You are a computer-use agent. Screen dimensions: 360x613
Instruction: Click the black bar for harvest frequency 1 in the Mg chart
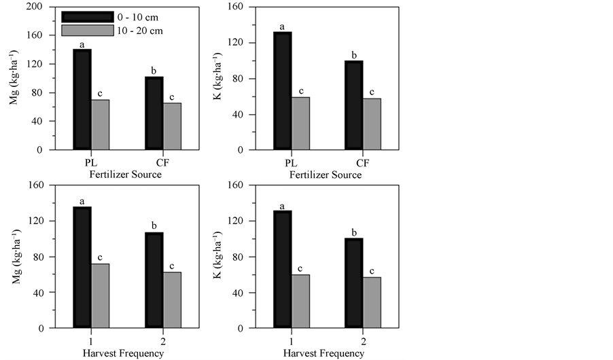tap(82, 268)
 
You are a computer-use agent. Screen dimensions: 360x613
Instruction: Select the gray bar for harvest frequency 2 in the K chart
tap(372, 302)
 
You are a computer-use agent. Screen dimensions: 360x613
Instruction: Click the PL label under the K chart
tap(291, 163)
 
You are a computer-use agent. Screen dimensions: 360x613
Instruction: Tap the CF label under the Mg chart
tap(163, 163)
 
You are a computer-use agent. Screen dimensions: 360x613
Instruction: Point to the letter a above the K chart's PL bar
tap(283, 27)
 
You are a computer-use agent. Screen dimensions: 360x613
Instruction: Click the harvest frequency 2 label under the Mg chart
tap(163, 342)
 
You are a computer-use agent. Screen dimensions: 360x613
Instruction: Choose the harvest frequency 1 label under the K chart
tap(291, 342)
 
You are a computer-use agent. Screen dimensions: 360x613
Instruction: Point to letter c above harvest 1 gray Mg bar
tap(100, 257)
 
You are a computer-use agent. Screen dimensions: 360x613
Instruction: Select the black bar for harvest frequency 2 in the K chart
tap(355, 283)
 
